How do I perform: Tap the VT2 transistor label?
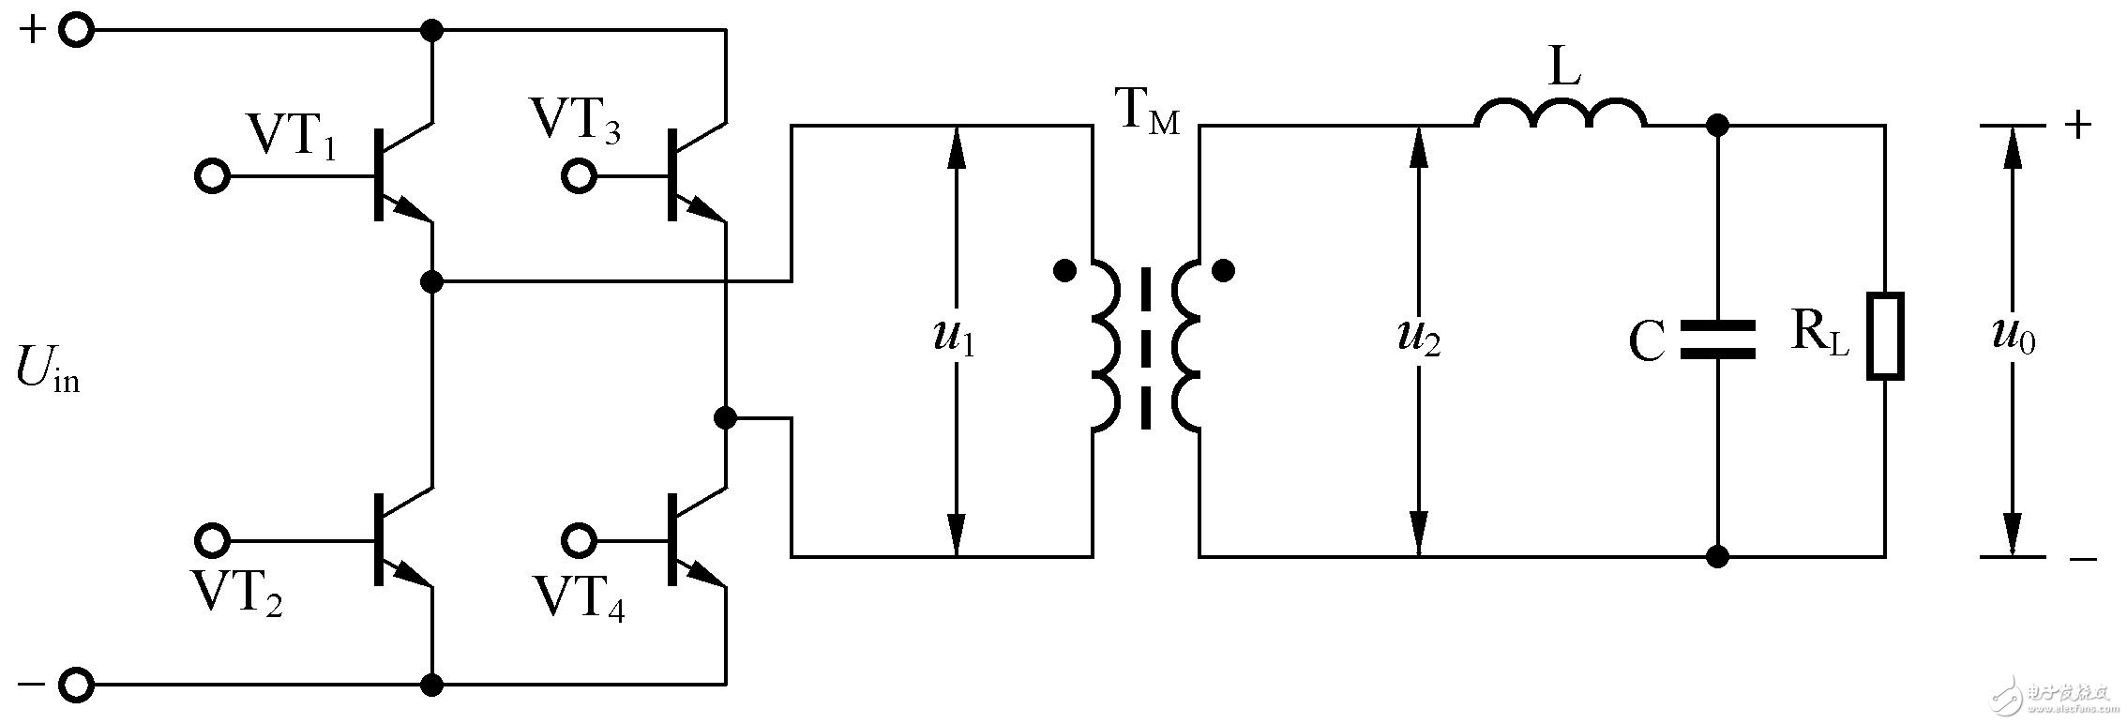(236, 593)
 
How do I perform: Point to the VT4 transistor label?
(580, 597)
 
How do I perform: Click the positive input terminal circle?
(77, 31)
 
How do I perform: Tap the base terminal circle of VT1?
(213, 176)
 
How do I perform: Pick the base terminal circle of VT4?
(579, 540)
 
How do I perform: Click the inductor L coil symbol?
(1561, 112)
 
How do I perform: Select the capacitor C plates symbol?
(1717, 340)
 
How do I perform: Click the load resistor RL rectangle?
(1885, 337)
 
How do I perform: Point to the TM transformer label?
(1146, 113)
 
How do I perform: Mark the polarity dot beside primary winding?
(1064, 272)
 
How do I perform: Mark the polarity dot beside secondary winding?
(1223, 272)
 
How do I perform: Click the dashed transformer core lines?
(1145, 348)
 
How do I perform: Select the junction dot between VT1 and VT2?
(431, 280)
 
